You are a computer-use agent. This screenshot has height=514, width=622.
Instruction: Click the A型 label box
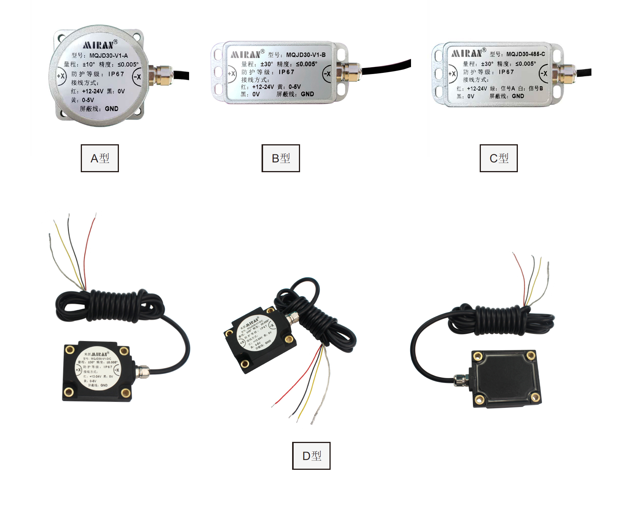coord(100,158)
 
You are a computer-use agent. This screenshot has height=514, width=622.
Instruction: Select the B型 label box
coord(280,158)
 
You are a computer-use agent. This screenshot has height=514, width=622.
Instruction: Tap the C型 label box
coord(498,158)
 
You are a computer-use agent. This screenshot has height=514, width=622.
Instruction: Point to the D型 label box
coord(311,456)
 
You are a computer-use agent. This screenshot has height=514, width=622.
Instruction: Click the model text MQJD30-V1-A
coord(108,56)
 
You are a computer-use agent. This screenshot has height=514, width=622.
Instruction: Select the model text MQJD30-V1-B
coord(306,55)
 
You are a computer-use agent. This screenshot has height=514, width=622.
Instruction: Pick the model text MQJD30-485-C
coord(525,54)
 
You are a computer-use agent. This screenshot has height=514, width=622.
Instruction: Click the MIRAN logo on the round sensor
coord(99,45)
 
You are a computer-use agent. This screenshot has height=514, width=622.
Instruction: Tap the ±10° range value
coord(89,65)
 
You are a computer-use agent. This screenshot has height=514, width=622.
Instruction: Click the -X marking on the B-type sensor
coord(327,74)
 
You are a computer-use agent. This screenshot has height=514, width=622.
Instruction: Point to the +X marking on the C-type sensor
coord(452,74)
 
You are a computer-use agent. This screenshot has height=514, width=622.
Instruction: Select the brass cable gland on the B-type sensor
coord(348,71)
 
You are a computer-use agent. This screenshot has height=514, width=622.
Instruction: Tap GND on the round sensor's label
coord(111,109)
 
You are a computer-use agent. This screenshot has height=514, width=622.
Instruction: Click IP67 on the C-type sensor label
coord(506,72)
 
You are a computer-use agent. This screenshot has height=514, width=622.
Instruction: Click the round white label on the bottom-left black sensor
coord(98,369)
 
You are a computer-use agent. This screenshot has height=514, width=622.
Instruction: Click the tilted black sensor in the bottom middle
coord(260,338)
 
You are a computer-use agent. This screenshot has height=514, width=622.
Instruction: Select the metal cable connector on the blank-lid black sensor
coord(460,380)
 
